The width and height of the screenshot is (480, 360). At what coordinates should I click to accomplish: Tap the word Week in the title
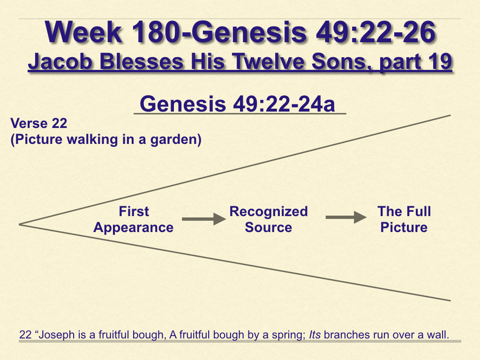[83, 32]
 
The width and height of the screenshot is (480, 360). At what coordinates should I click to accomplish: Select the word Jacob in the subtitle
[60, 61]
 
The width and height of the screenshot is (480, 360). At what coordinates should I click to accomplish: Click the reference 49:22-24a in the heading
[284, 104]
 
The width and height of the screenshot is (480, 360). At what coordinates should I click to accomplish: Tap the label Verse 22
[39, 123]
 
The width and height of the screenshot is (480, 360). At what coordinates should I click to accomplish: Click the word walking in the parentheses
[92, 139]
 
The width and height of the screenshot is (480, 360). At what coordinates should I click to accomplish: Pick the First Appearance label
[134, 219]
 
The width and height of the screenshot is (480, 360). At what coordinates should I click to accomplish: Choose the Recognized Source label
[269, 219]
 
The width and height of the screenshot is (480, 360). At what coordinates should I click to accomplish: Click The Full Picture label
[404, 219]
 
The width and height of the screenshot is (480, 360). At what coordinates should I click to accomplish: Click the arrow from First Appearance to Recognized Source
[204, 219]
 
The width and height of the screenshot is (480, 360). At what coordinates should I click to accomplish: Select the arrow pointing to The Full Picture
[346, 217]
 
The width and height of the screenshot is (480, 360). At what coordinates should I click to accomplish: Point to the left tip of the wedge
[19, 225]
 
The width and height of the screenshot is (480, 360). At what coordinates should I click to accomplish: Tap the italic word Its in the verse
[315, 335]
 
